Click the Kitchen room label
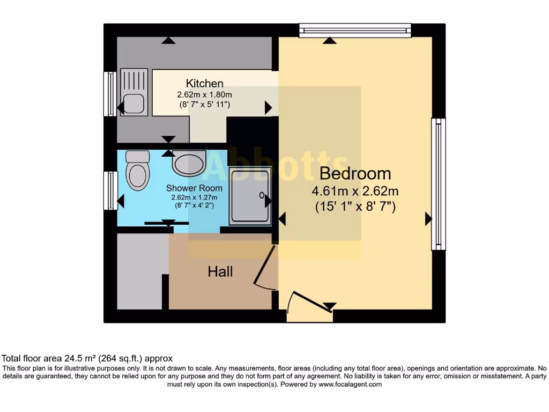pos(204,84)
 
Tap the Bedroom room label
pos(355,174)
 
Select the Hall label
pos(220,272)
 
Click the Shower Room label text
pos(194,188)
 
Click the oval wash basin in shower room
pos(189,163)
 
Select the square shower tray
pos(250,195)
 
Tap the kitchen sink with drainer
pos(132,94)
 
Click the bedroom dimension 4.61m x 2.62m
pos(355,191)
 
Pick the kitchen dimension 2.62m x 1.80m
pos(204,94)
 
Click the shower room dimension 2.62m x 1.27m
pos(194,197)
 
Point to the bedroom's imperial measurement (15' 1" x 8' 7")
pos(355,207)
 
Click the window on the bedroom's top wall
pos(355,30)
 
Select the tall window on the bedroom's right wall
pos(439,184)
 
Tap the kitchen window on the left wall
pos(110,94)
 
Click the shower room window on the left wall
pos(110,190)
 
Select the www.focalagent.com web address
pos(350,384)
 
